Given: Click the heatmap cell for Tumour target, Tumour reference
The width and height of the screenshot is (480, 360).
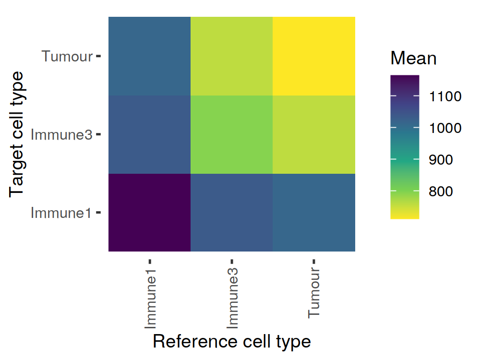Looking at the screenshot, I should point(314,56).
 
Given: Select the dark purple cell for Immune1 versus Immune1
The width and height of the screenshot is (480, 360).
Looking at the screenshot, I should point(150,212).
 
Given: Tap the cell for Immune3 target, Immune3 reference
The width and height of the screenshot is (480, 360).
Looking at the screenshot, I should point(232,134).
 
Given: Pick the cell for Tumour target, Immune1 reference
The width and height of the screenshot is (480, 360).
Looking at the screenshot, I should point(150,56).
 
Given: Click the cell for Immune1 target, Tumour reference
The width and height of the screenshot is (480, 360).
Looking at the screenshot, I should point(314,212).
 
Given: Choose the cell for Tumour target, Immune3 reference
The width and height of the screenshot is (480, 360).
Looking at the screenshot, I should point(232,56).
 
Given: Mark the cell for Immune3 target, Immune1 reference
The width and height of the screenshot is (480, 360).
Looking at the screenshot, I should point(150,134).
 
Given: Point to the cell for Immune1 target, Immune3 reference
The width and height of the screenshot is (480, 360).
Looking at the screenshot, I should point(232,212).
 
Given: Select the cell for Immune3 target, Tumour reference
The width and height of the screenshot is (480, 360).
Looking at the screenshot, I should point(314,134).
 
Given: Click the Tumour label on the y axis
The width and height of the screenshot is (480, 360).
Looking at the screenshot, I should point(67,56).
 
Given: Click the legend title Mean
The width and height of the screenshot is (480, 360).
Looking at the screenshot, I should point(413,59).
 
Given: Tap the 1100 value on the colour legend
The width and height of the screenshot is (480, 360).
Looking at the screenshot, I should point(445,96).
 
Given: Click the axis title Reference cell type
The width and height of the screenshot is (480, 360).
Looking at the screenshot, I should point(232,341).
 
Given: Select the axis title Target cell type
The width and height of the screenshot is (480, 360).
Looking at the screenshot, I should point(17,134).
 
